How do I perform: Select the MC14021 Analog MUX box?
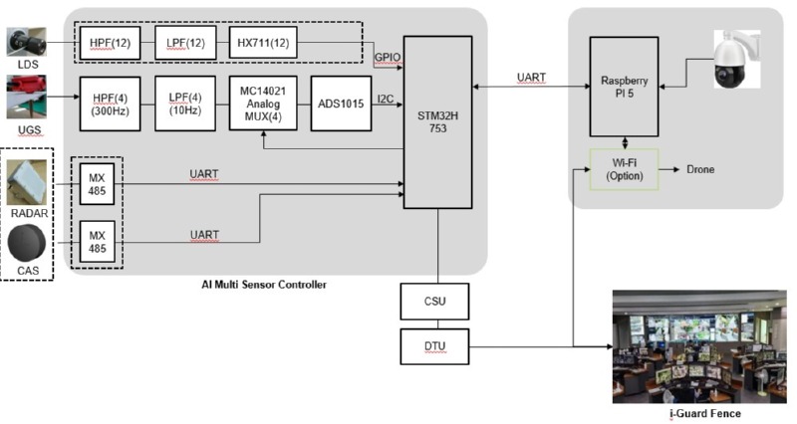(262, 103)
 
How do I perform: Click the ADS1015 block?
(341, 103)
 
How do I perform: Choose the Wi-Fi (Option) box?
(623, 169)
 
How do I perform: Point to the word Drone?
(699, 169)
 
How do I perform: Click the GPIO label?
(388, 58)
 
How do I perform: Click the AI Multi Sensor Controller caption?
(264, 285)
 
